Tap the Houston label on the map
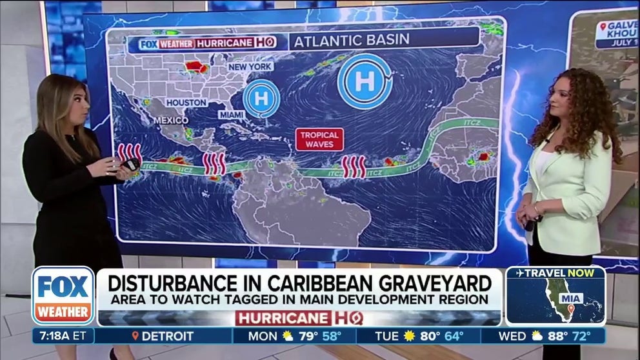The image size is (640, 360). [x=186, y=103]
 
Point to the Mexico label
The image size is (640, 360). [x=170, y=121]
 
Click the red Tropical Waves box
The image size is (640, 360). [x=319, y=139]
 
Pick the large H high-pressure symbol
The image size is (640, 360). [x=365, y=81]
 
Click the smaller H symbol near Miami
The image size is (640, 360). [x=261, y=99]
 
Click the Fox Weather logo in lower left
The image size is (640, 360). [x=63, y=295]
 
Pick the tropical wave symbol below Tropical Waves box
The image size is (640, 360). [x=353, y=166]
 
